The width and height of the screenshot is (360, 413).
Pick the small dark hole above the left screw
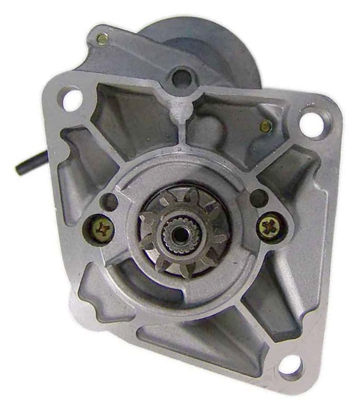(x=108, y=202)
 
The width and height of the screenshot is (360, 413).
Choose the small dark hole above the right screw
(x=259, y=198)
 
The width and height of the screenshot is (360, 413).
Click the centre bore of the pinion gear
(x=180, y=235)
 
